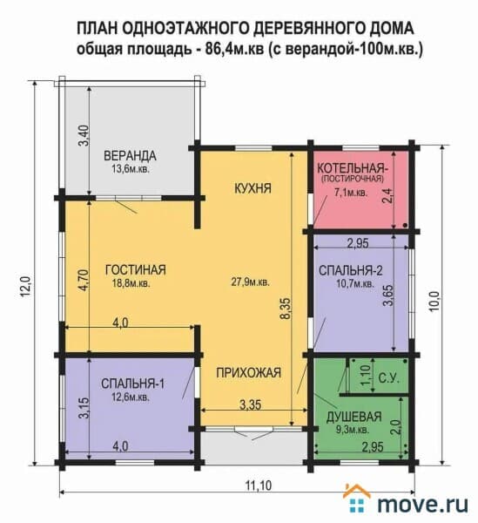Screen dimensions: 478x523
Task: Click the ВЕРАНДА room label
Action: [130, 156]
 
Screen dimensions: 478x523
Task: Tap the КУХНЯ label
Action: [252, 188]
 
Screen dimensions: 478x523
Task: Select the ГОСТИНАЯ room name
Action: [135, 270]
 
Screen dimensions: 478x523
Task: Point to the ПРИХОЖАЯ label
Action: [248, 372]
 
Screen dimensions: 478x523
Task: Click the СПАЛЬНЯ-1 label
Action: [132, 384]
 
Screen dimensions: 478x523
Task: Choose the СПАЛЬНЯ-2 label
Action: [350, 270]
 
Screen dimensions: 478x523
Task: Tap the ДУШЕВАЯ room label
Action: [353, 417]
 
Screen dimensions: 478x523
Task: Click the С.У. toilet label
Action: [388, 378]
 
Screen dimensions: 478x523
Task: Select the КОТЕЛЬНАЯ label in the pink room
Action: [353, 167]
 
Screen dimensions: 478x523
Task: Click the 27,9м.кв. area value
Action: [250, 282]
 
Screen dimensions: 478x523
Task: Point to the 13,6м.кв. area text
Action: [131, 169]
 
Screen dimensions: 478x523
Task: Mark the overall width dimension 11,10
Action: [259, 486]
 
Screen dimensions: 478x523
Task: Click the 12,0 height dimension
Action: [27, 287]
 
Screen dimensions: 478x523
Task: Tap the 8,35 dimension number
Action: [286, 309]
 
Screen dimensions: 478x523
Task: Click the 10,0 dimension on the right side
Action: [434, 302]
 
